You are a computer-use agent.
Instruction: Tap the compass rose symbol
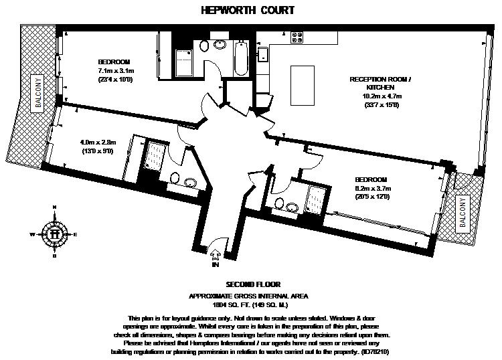[54, 234]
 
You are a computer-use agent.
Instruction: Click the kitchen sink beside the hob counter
[264, 54]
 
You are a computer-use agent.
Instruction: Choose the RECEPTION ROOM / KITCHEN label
[380, 83]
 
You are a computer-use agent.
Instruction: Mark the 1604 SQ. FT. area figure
[225, 304]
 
